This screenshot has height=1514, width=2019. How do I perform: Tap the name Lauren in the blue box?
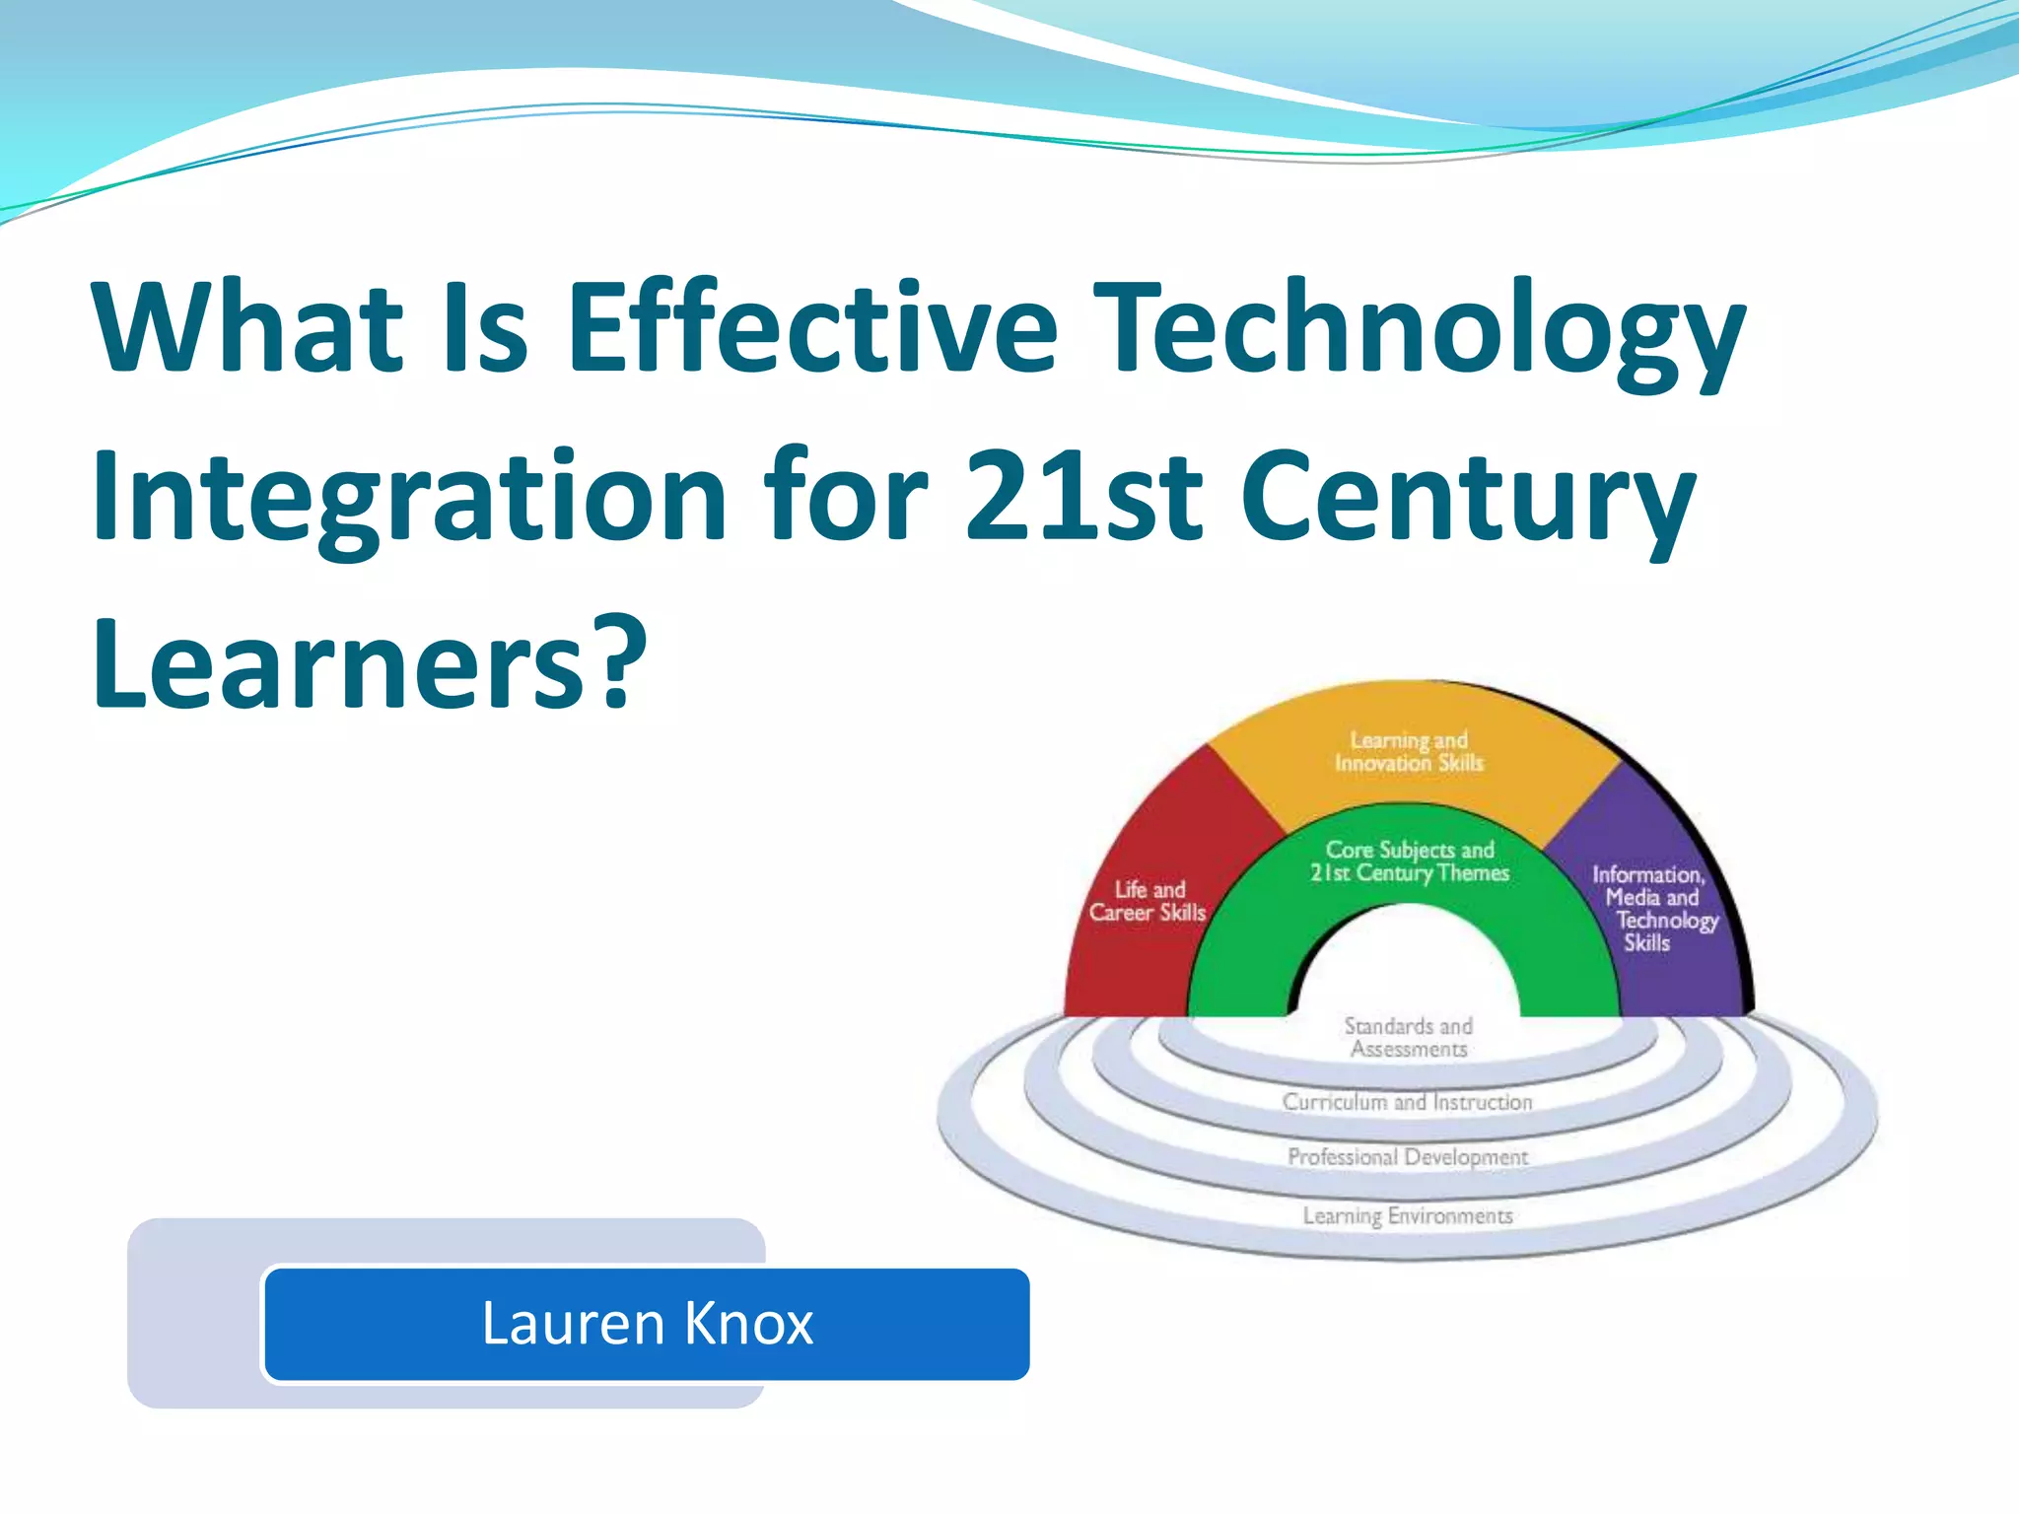(x=573, y=1323)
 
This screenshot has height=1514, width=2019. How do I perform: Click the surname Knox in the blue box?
(x=748, y=1323)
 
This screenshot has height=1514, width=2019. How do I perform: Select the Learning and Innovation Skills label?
(x=1409, y=751)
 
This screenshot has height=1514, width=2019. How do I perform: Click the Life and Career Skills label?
(x=1148, y=901)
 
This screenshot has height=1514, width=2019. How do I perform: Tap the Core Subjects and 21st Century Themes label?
(x=1410, y=860)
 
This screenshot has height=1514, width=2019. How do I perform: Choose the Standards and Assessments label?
(x=1409, y=1037)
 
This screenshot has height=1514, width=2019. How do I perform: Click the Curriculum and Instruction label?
(x=1408, y=1102)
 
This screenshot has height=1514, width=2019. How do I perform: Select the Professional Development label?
(x=1408, y=1156)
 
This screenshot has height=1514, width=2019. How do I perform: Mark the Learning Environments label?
(x=1408, y=1215)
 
